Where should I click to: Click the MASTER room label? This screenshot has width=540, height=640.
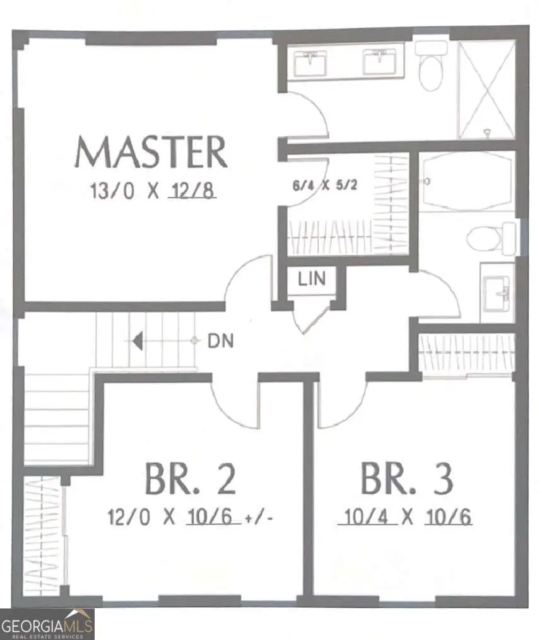coord(151,152)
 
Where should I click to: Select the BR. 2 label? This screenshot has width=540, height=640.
coord(191,479)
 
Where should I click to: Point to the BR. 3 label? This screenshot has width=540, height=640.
coord(406,479)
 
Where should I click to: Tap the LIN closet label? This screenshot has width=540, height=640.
coord(312,279)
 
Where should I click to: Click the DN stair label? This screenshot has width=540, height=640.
coord(221,341)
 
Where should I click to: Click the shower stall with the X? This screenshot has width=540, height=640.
coord(486,90)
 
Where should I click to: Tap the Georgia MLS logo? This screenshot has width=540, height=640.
coord(47,624)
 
